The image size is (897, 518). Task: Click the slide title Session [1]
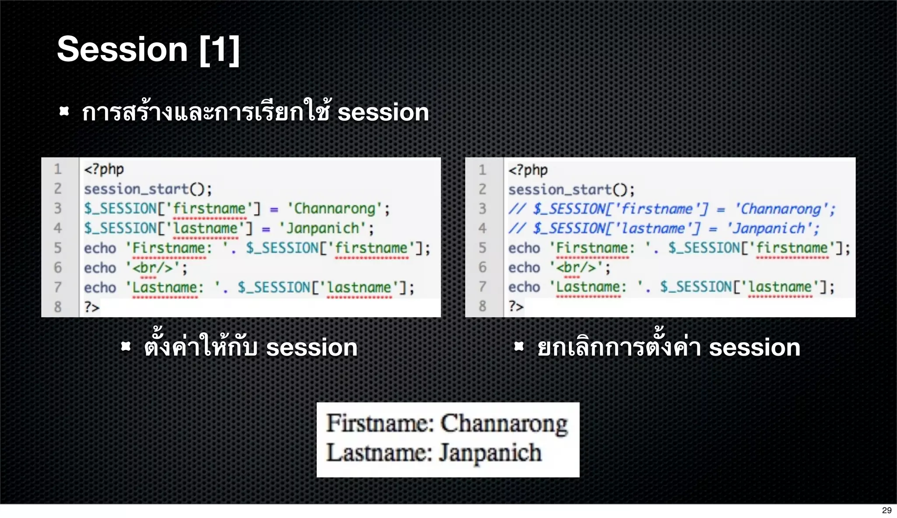pyautogui.click(x=148, y=49)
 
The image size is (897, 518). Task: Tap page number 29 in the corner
pyautogui.click(x=886, y=510)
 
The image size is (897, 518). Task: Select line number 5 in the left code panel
pyautogui.click(x=58, y=248)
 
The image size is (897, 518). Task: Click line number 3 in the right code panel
pyautogui.click(x=482, y=209)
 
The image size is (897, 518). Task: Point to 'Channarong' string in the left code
pyautogui.click(x=335, y=209)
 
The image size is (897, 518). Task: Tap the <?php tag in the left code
pyautogui.click(x=104, y=169)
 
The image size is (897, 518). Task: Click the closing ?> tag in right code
pyautogui.click(x=516, y=306)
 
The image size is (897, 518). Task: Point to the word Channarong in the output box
pyautogui.click(x=504, y=423)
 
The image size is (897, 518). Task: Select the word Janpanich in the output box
pyautogui.click(x=490, y=453)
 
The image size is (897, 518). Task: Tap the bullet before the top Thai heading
pyautogui.click(x=64, y=112)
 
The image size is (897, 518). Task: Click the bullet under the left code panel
pyautogui.click(x=126, y=347)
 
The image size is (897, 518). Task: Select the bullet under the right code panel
pyautogui.click(x=519, y=347)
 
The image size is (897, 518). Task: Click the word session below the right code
pyautogui.click(x=754, y=348)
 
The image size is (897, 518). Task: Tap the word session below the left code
pyautogui.click(x=311, y=348)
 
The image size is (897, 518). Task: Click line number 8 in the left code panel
pyautogui.click(x=58, y=307)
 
